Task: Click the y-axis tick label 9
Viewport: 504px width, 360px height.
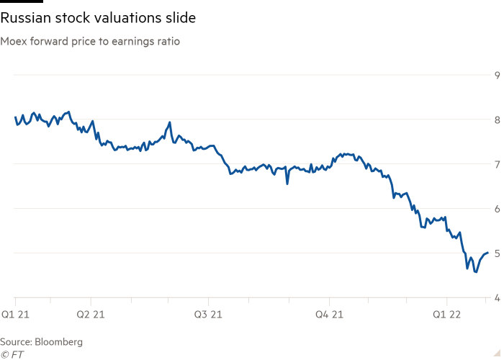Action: click(x=496, y=75)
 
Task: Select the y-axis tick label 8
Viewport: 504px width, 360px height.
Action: click(x=496, y=120)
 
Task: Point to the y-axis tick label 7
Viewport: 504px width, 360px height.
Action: click(x=496, y=164)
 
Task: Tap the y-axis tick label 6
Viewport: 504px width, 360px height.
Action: click(x=496, y=209)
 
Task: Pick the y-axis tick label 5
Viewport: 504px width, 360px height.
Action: click(x=496, y=253)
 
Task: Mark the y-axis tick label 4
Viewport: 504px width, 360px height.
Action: click(x=496, y=297)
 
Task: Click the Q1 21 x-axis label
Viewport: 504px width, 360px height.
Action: click(x=16, y=314)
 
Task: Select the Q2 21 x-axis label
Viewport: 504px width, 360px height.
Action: click(x=91, y=314)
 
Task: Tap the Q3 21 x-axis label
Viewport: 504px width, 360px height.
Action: click(x=209, y=314)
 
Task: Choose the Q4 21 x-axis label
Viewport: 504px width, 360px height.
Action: click(x=328, y=314)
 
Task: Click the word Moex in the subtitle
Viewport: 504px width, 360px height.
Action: click(x=12, y=42)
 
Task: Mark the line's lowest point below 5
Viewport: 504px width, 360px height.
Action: click(x=475, y=272)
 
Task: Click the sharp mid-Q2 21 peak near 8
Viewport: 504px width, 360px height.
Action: click(x=169, y=122)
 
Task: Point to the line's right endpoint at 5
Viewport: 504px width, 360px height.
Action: click(x=490, y=253)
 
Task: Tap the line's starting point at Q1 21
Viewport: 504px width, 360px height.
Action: click(x=15, y=118)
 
